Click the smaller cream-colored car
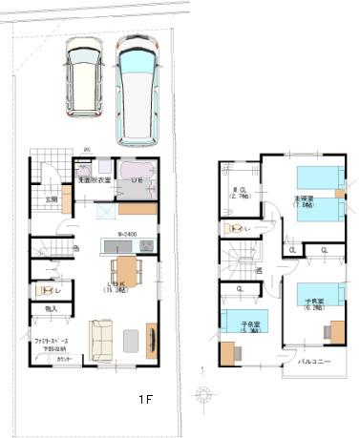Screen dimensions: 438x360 (x=84, y=77)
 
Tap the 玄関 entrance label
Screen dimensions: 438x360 (x=52, y=199)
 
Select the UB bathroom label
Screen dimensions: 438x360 (x=137, y=179)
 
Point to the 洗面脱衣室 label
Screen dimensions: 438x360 (x=95, y=179)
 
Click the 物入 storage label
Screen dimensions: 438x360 (x=52, y=309)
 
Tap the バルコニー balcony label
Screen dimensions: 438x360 (x=314, y=362)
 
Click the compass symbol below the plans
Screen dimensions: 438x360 (x=203, y=393)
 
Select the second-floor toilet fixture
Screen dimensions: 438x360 (x=229, y=229)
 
